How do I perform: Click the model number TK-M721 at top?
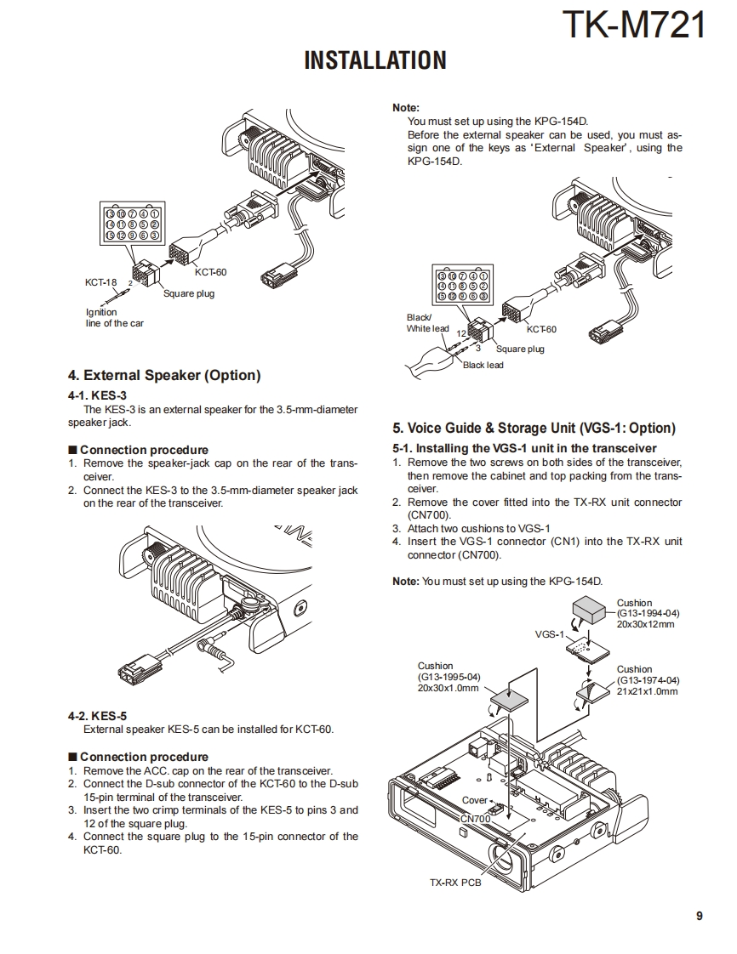(634, 25)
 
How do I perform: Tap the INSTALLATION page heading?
(374, 60)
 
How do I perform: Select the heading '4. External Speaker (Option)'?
(164, 375)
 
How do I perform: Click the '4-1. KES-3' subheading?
(97, 395)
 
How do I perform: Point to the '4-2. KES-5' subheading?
(97, 716)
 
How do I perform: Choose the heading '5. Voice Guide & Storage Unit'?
(534, 428)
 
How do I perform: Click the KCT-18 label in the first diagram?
(100, 282)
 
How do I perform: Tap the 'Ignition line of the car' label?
(114, 318)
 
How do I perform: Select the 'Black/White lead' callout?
(427, 323)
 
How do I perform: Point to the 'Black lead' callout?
(483, 366)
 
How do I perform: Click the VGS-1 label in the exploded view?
(549, 634)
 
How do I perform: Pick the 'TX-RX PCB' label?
(455, 883)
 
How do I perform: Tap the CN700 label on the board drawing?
(474, 818)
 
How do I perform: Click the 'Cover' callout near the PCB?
(474, 800)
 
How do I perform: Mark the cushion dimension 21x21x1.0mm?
(648, 691)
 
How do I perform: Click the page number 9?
(699, 916)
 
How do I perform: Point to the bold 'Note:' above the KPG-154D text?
(405, 108)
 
